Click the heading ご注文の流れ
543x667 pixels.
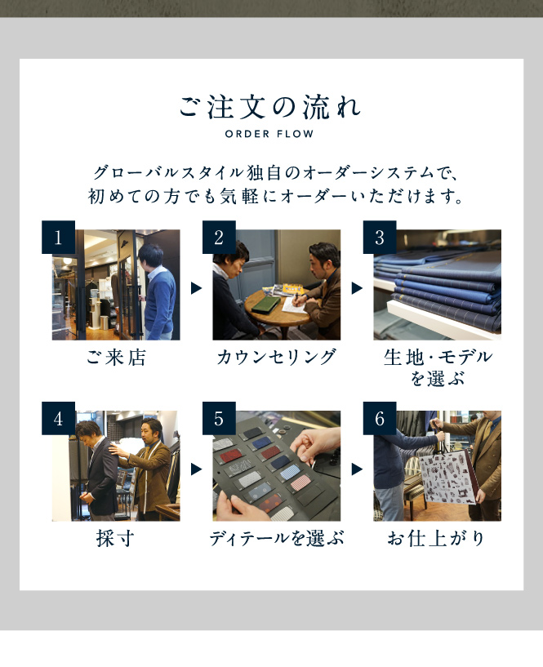[269, 107]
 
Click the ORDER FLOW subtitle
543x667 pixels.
[269, 134]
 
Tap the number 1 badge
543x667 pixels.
[58, 237]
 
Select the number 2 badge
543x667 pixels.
[219, 237]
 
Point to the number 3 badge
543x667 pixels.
[380, 237]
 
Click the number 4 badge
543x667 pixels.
[58, 418]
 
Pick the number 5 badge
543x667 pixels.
[219, 418]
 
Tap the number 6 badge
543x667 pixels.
[380, 418]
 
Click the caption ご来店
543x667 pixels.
[116, 358]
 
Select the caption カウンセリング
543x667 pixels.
[276, 358]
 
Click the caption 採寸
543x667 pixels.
[115, 539]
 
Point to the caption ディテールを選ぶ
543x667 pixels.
[277, 539]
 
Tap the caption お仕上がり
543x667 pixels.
[436, 539]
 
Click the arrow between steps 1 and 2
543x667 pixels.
[196, 288]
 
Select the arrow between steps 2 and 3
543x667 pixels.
[357, 288]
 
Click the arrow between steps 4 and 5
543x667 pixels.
[196, 469]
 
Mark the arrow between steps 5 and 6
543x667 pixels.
[357, 469]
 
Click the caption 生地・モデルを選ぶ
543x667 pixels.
[438, 367]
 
